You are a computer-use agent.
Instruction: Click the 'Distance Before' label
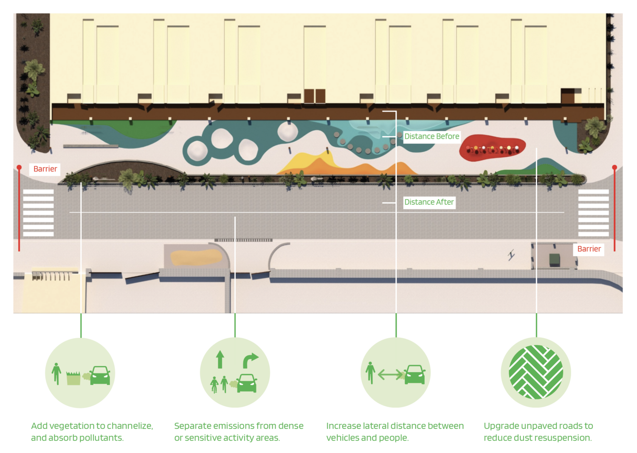click(x=431, y=136)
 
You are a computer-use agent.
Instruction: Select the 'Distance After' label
click(x=429, y=202)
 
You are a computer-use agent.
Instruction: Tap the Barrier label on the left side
click(x=45, y=169)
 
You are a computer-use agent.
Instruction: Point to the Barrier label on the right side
click(x=589, y=249)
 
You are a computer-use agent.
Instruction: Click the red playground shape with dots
click(x=492, y=148)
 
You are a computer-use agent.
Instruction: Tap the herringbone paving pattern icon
click(x=536, y=372)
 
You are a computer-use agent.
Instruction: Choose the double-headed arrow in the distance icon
click(x=389, y=375)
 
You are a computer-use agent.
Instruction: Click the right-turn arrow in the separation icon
click(x=250, y=360)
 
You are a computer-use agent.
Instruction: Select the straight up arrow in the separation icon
click(x=220, y=360)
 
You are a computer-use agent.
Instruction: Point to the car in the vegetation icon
click(x=100, y=375)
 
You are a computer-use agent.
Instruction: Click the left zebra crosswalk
click(x=38, y=213)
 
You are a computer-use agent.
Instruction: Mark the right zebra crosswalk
click(x=593, y=213)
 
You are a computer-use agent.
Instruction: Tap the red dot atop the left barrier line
click(x=19, y=167)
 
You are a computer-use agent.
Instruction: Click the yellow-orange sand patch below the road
click(x=196, y=257)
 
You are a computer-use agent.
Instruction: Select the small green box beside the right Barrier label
click(x=554, y=260)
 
